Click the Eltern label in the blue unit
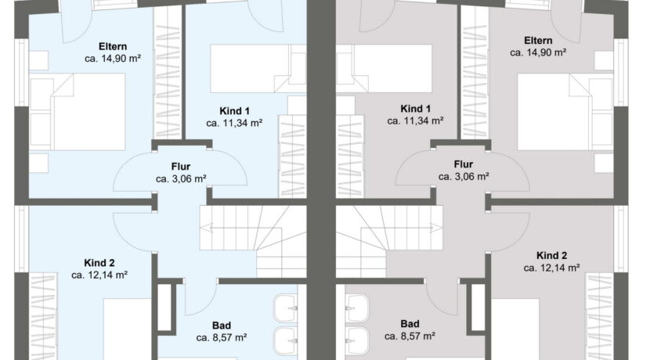pyautogui.click(x=113, y=46)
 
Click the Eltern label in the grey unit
pyautogui.click(x=538, y=41)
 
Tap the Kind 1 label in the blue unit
pyautogui.click(x=235, y=111)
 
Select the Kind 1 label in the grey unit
pyautogui.click(x=415, y=109)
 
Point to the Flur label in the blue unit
pyautogui.click(x=181, y=167)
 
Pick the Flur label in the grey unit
pyautogui.click(x=464, y=164)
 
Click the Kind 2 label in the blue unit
pyautogui.click(x=99, y=263)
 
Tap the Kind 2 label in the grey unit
pyautogui.click(x=551, y=256)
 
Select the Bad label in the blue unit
pyautogui.click(x=222, y=326)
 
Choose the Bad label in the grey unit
pyautogui.click(x=410, y=323)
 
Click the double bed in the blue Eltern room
pyautogui.click(x=78, y=112)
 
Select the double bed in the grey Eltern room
pyautogui.click(x=565, y=112)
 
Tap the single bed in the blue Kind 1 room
pyautogui.click(x=258, y=68)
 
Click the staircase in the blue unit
pyautogui.click(x=253, y=241)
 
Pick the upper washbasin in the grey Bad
pyautogui.click(x=357, y=308)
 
